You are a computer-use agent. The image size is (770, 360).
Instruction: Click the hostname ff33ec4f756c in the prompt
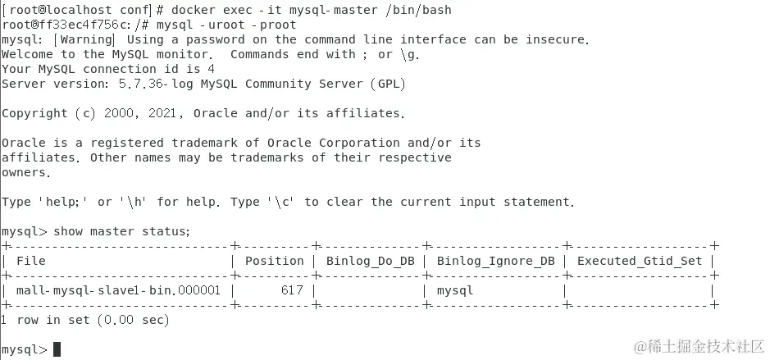pyautogui.click(x=71, y=25)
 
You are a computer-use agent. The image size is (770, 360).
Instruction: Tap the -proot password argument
pyautogui.click(x=271, y=25)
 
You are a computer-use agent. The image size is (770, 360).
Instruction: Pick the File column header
pyautogui.click(x=31, y=261)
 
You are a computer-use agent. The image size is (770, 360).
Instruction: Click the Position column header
pyautogui.click(x=275, y=261)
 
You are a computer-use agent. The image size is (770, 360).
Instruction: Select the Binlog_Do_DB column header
pyautogui.click(x=371, y=261)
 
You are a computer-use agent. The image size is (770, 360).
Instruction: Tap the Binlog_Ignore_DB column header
pyautogui.click(x=495, y=261)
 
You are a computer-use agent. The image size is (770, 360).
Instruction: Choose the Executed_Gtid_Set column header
pyautogui.click(x=640, y=261)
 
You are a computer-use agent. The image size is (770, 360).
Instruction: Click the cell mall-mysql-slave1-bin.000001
pyautogui.click(x=119, y=290)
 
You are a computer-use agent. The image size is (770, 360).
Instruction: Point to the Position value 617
pyautogui.click(x=292, y=290)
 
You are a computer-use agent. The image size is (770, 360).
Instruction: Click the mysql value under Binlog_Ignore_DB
pyautogui.click(x=455, y=290)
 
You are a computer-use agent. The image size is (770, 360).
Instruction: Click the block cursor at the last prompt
pyautogui.click(x=57, y=349)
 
